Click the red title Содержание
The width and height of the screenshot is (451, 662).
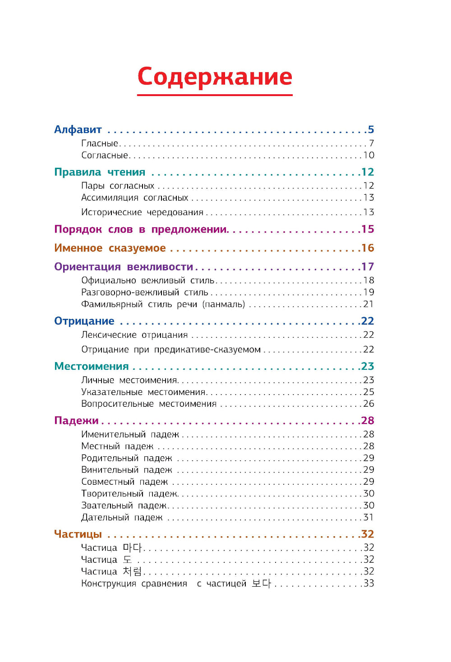215,77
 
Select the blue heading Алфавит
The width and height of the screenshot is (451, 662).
78,130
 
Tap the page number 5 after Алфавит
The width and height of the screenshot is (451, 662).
371,130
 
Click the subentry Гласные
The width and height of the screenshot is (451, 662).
100,143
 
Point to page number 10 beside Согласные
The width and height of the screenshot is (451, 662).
369,155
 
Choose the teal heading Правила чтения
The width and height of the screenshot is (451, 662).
100,172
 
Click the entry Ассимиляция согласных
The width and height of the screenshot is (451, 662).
135,198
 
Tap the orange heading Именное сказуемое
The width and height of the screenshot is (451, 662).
110,248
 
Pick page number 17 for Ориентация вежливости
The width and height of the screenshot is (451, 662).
368,267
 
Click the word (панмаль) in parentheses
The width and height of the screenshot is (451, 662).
224,304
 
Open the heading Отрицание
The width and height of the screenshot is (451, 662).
84,321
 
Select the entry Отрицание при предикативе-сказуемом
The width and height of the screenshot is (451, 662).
171,349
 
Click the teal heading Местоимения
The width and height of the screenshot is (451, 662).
92,366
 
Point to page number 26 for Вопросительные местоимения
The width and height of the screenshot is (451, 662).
369,404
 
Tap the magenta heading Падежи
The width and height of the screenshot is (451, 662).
76,421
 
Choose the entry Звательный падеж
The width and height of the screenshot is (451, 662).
124,506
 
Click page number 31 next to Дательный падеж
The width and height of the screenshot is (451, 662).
369,517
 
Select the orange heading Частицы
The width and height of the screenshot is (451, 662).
78,534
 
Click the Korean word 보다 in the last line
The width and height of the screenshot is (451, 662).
261,584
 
